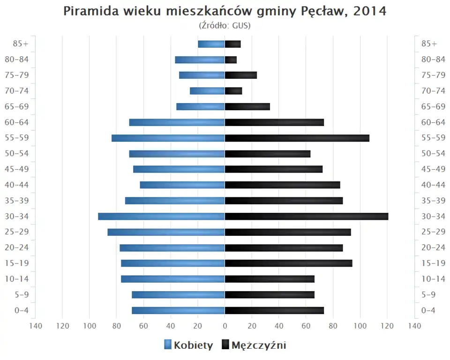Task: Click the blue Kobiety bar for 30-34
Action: click(161, 217)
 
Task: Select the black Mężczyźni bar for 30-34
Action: click(307, 217)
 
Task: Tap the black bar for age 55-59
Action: click(297, 138)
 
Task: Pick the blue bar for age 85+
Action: click(211, 44)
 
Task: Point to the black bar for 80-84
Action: click(231, 60)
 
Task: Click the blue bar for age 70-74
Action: click(207, 91)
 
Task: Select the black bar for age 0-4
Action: click(274, 310)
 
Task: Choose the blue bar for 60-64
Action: click(177, 122)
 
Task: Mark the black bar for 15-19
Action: click(288, 263)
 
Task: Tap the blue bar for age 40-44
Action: click(182, 185)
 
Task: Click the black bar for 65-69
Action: click(247, 107)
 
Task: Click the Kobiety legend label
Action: click(193, 346)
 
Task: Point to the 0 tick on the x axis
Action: click(225, 326)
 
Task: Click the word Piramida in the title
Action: click(87, 12)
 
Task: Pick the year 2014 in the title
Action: click(370, 12)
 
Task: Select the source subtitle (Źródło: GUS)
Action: click(225, 26)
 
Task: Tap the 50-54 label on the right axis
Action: click(433, 154)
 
